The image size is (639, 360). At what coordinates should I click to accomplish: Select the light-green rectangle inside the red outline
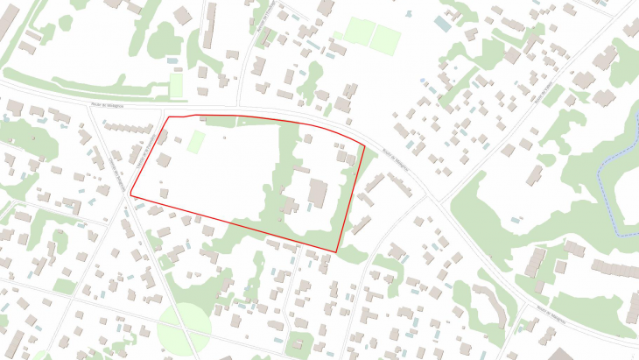pos(196,141)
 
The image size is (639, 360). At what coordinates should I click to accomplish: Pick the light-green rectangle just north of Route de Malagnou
pos(177,85)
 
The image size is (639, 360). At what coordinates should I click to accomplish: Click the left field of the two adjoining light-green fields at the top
pos(358,32)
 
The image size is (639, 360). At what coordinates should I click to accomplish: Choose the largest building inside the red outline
pos(317,192)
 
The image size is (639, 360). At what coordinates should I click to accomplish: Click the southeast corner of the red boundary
pos(337,252)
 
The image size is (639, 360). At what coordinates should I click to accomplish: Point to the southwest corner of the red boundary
pos(131,193)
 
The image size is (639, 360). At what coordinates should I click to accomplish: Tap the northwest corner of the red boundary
pos(168,116)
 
